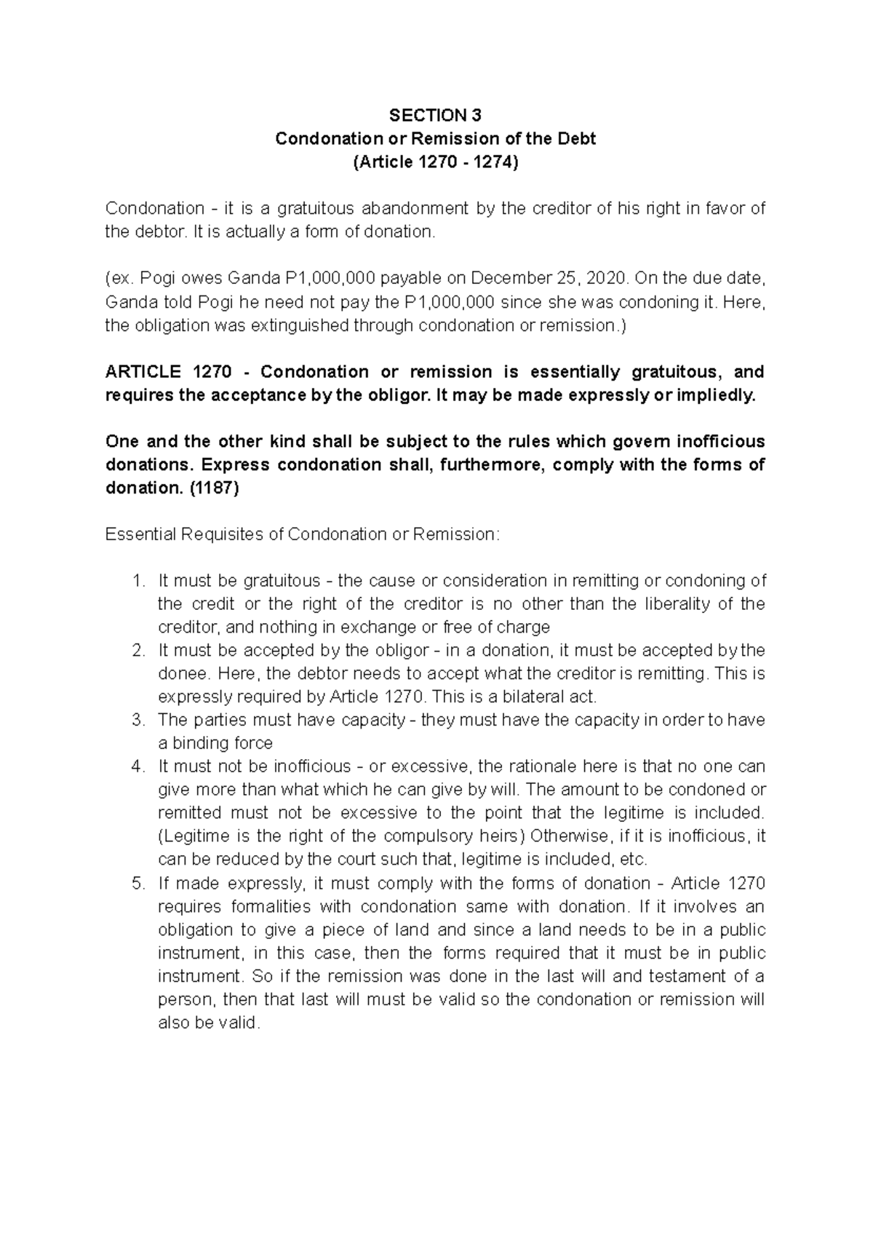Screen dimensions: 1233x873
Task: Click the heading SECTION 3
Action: pyautogui.click(x=435, y=115)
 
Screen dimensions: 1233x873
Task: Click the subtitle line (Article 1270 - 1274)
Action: pyautogui.click(x=435, y=162)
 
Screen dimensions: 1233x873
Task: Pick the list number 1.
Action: pyautogui.click(x=138, y=581)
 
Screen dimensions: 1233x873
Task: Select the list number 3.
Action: pyautogui.click(x=138, y=721)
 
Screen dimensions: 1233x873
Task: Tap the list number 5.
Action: pyautogui.click(x=138, y=884)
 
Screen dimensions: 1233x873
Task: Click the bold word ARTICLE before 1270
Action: pyautogui.click(x=143, y=372)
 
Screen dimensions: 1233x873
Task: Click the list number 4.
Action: pyautogui.click(x=138, y=766)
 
